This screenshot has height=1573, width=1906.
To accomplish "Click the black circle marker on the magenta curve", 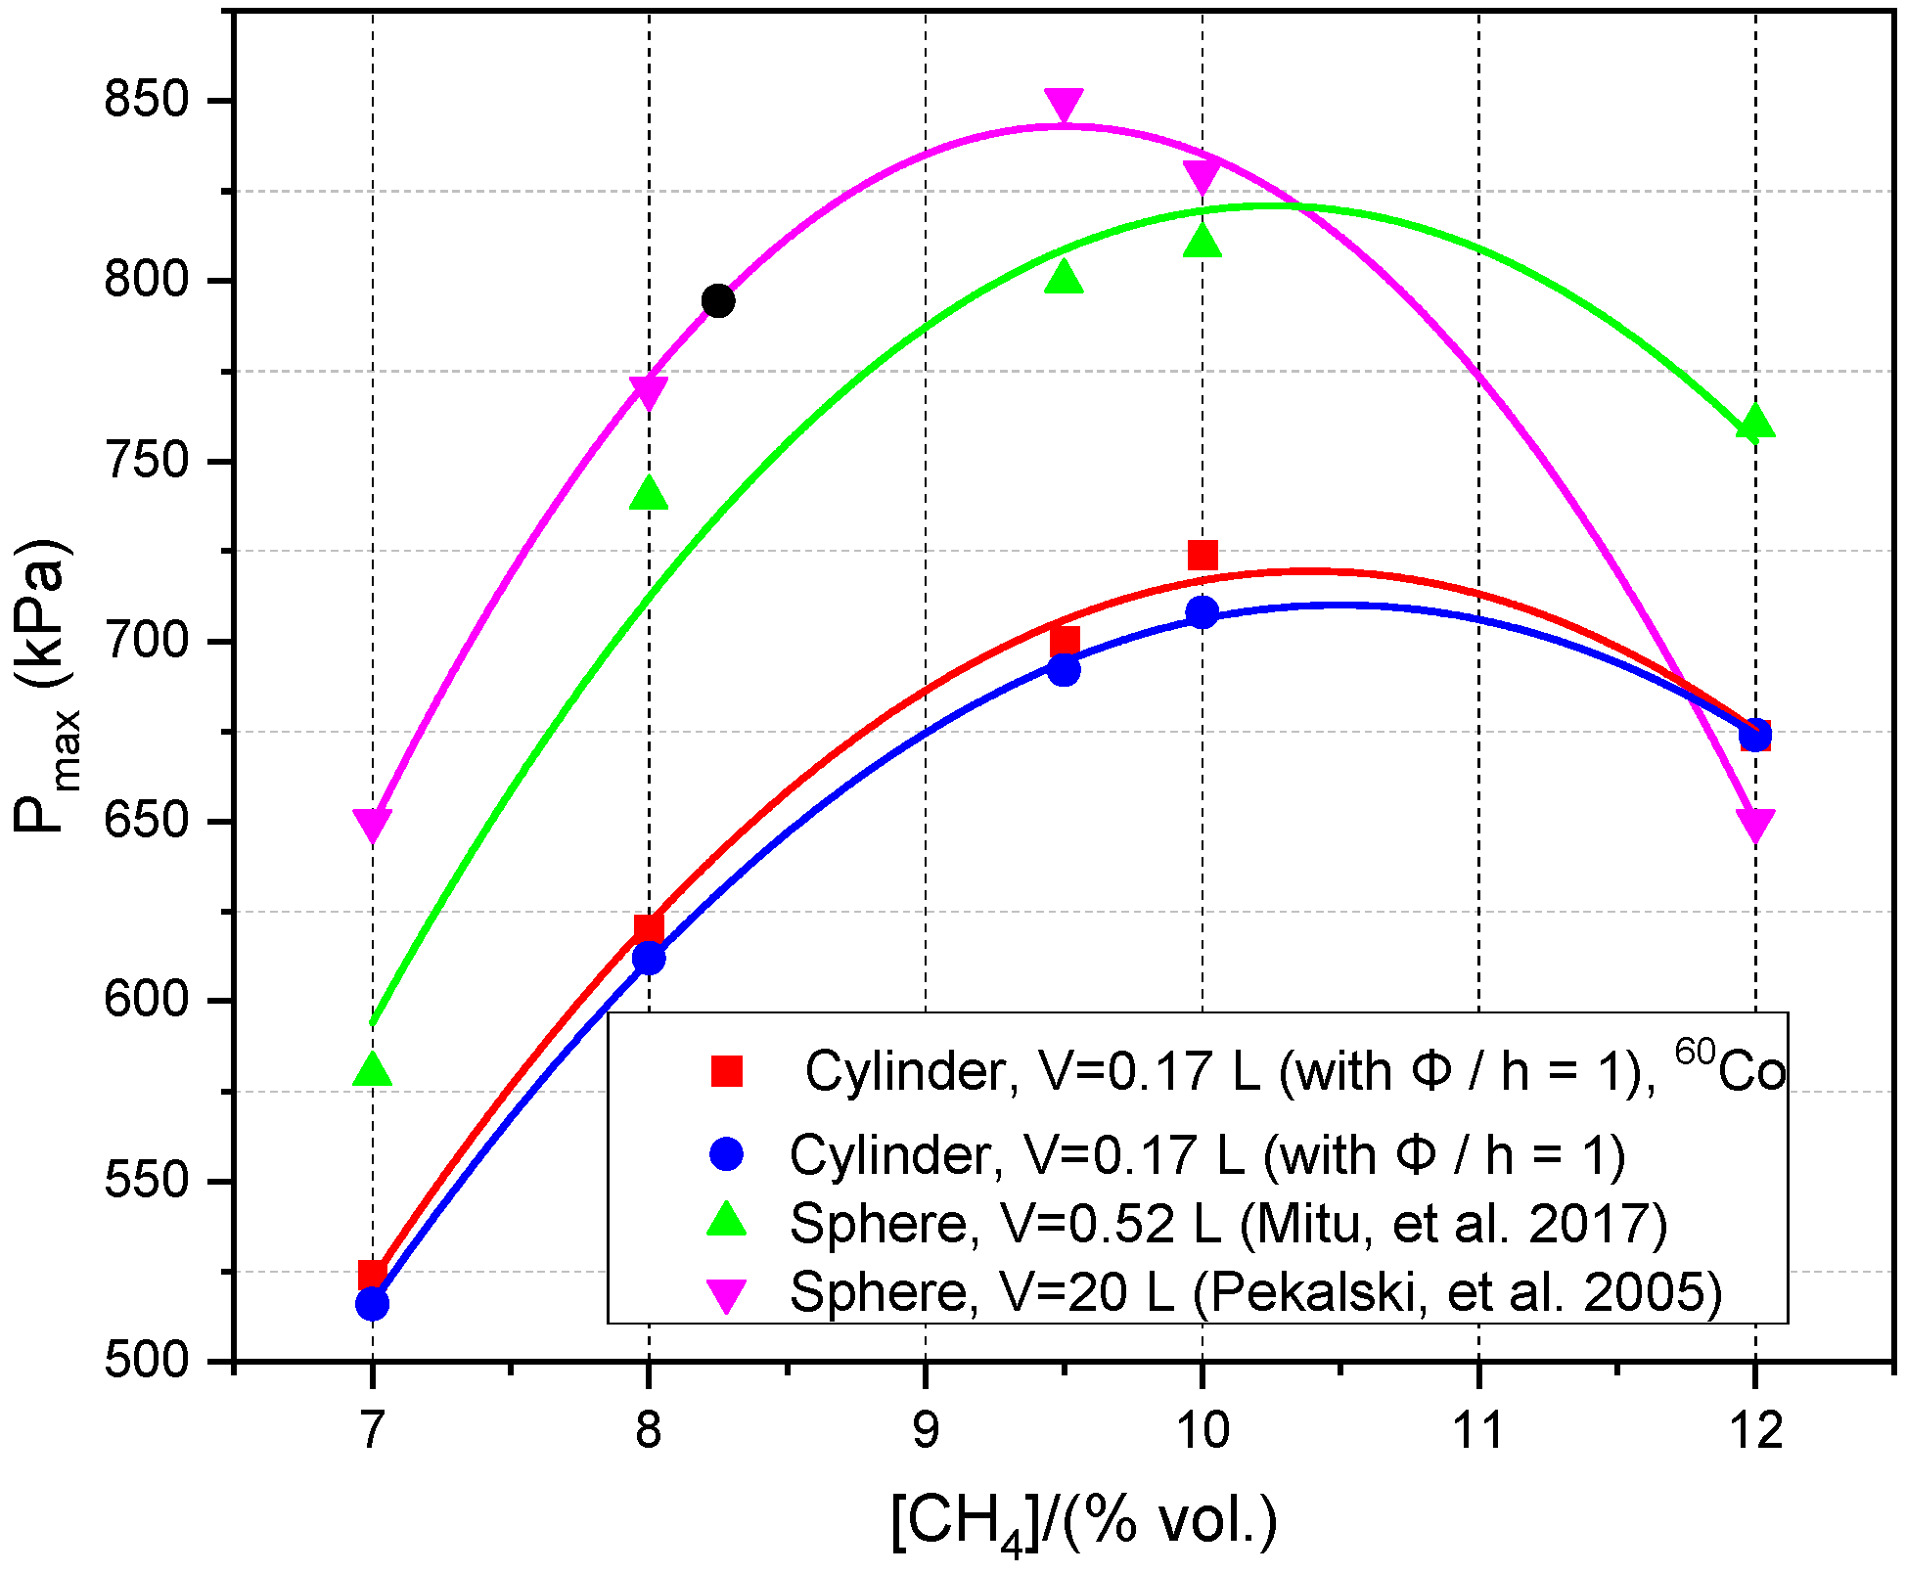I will point(718,300).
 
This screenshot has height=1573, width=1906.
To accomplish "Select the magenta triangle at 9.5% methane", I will point(1064,105).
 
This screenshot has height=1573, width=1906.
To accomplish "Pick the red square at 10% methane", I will point(1203,555).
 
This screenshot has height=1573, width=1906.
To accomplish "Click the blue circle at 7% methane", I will point(372,1304).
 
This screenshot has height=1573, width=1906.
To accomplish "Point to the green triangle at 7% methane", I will point(372,1070).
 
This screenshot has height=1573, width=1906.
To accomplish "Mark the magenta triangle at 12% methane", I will point(1755,825).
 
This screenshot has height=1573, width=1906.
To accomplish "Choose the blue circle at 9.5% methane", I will point(1064,670).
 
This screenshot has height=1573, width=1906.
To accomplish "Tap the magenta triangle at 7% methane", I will point(372,825).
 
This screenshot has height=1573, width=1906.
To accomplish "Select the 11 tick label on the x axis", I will point(1477,1431).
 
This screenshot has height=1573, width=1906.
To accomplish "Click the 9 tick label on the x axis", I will point(925,1431).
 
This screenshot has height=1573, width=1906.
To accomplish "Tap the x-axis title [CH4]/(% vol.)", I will point(1084,1522).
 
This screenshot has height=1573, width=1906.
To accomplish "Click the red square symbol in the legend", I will point(727,1071).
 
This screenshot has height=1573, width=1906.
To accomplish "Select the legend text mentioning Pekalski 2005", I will point(1255,1292).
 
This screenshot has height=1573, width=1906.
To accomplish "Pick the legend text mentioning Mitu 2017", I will point(1228,1223).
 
